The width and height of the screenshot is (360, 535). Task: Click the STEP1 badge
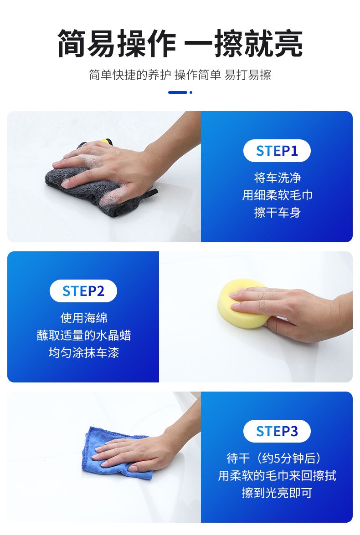[x=277, y=151]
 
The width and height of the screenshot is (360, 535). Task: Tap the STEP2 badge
[x=83, y=291]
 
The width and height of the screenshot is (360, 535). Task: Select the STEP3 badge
[x=277, y=431]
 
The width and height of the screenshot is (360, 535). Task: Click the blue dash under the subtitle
[x=178, y=92]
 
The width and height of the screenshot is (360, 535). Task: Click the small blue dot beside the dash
[x=191, y=92]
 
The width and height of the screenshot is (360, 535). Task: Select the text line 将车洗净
[x=277, y=178]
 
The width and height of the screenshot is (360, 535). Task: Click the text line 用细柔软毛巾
[x=277, y=195]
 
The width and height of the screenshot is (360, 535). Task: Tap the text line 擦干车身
[x=277, y=213]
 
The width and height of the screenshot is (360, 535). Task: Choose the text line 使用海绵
[x=84, y=318]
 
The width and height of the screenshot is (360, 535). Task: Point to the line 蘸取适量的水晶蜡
[x=84, y=336]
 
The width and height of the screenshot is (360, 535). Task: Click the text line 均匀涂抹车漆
[x=84, y=353]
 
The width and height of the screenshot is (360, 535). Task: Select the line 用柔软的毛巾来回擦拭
[x=277, y=476]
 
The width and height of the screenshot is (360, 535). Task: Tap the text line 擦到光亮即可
[x=277, y=493]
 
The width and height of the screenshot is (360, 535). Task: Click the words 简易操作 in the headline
[x=117, y=43]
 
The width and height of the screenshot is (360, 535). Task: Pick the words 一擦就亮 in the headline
[x=243, y=43]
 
